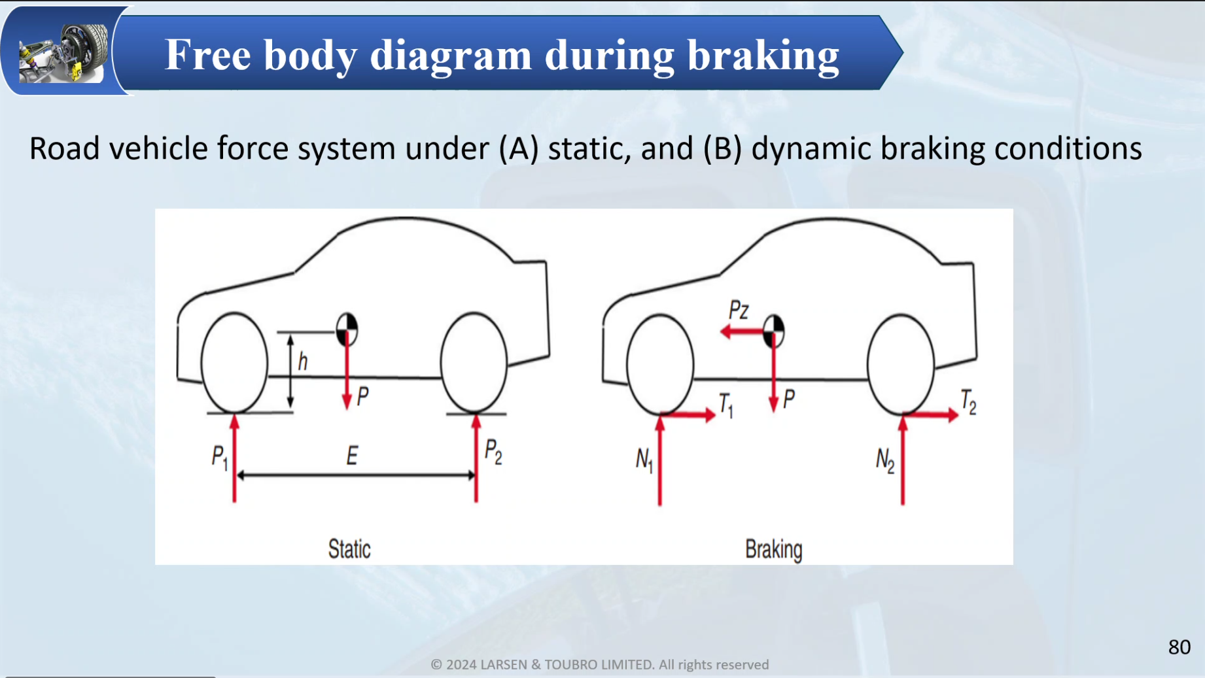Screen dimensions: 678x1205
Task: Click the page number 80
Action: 1179,647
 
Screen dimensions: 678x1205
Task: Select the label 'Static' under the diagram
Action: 349,549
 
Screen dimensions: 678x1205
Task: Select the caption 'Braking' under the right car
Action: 773,549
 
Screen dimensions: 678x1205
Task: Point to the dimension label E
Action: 352,456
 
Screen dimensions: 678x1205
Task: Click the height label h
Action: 302,361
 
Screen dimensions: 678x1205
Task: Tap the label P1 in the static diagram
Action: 219,456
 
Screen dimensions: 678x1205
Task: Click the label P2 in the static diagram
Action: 493,451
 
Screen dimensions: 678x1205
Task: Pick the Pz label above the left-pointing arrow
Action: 739,309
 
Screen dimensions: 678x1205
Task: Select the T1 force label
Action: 725,405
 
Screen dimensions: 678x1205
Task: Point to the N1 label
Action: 644,459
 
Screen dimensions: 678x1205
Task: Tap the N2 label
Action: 884,460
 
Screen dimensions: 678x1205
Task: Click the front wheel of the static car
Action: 234,363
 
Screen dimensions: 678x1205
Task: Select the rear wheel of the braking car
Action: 901,365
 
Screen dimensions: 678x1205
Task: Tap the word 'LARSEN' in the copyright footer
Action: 503,664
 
